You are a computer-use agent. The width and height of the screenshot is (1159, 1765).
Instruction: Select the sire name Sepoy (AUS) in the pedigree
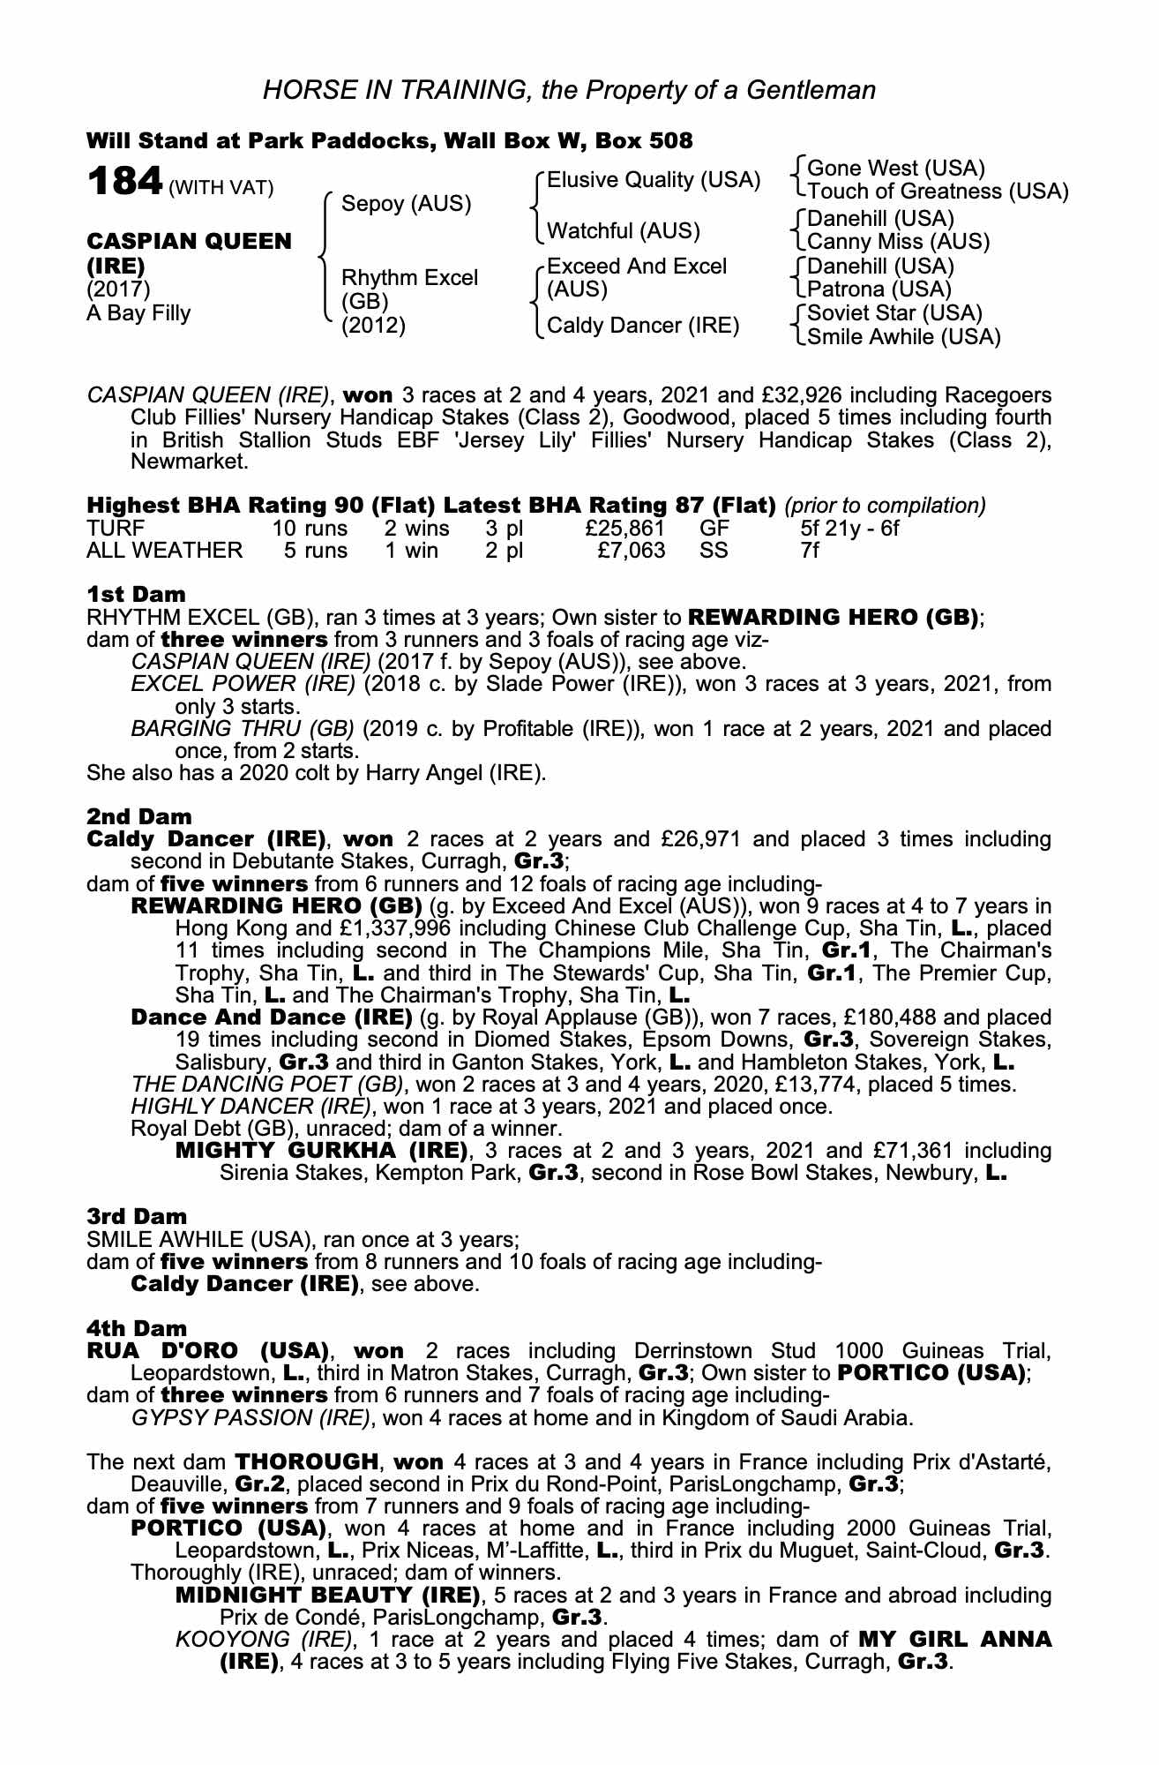pos(407,204)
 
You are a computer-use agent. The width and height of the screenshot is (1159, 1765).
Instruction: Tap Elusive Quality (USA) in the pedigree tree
pos(654,180)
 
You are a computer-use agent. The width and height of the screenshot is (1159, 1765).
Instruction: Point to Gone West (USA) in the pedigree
pos(896,168)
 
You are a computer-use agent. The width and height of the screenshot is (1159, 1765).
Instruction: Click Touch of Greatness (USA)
pos(938,192)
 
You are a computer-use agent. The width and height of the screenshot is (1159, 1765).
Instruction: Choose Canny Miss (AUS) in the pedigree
pos(898,242)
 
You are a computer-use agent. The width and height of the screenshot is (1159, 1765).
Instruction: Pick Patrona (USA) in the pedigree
pos(879,289)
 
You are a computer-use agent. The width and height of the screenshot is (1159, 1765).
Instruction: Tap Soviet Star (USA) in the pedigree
pos(894,313)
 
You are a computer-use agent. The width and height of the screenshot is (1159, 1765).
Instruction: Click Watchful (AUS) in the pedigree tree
pos(624,231)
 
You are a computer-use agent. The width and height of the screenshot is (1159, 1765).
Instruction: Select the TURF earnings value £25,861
pos(625,529)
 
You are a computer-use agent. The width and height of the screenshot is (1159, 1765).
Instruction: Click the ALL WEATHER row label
pos(164,551)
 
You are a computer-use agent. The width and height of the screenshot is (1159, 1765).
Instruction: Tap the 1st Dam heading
pos(136,594)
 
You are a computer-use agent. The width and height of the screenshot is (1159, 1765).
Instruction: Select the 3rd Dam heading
pos(137,1217)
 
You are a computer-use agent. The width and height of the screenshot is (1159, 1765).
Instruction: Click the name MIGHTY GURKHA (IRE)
pos(321,1151)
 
